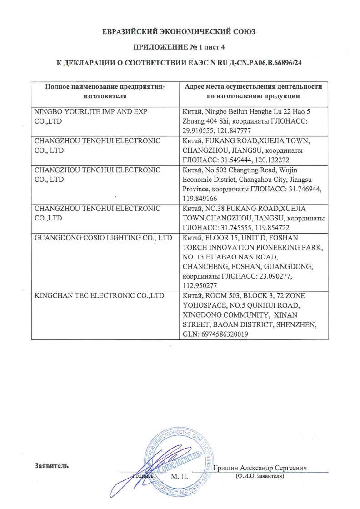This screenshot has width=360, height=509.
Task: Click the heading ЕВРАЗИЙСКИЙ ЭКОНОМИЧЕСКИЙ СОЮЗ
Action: [180, 32]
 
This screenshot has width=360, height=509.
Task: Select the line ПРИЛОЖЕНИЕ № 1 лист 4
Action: [180, 47]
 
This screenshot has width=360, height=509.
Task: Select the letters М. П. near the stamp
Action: [180, 477]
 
